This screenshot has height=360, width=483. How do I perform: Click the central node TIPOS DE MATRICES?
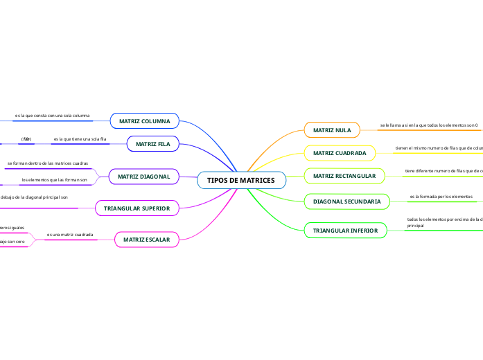pyautogui.click(x=241, y=181)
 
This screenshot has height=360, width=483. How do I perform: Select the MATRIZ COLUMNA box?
pyautogui.click(x=145, y=121)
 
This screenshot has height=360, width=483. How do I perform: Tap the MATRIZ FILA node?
pyautogui.click(x=153, y=144)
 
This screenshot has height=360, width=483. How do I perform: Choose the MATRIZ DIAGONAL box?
pyautogui.click(x=144, y=177)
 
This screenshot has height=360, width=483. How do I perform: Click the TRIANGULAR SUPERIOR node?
pyautogui.click(x=137, y=208)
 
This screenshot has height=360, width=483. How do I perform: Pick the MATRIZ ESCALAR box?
pyautogui.click(x=146, y=240)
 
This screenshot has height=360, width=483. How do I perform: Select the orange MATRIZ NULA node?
pyautogui.click(x=332, y=130)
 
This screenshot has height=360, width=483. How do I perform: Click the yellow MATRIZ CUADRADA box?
pyautogui.click(x=340, y=153)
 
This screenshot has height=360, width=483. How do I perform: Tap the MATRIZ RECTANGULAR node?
pyautogui.click(x=344, y=177)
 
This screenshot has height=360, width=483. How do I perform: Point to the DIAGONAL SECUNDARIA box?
pyautogui.click(x=346, y=201)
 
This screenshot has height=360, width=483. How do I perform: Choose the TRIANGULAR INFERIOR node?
pyautogui.click(x=345, y=230)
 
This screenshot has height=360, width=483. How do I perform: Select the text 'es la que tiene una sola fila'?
pyautogui.click(x=80, y=139)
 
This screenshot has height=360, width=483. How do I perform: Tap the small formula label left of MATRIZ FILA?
pyautogui.click(x=26, y=139)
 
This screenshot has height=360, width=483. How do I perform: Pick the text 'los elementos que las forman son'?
pyautogui.click(x=54, y=180)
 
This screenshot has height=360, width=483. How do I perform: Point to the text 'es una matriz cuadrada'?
pyautogui.click(x=69, y=235)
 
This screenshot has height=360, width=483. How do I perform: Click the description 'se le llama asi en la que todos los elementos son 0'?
pyautogui.click(x=429, y=125)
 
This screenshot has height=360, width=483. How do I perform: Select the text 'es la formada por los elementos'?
pyautogui.click(x=441, y=197)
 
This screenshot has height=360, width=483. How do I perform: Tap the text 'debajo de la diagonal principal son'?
pyautogui.click(x=34, y=197)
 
